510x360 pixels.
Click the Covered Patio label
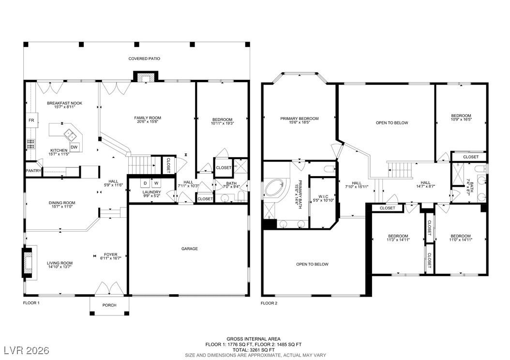point(144,59)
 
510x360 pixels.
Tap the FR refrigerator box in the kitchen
point(31,120)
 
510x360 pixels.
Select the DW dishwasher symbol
point(74,147)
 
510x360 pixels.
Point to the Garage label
point(189,249)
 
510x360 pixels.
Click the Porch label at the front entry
point(109,305)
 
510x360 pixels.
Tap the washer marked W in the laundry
point(156,183)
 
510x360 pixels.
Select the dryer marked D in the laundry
point(145,183)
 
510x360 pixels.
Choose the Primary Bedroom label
point(299,119)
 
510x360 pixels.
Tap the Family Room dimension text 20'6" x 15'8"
point(148,122)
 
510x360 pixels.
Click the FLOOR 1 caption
point(31,303)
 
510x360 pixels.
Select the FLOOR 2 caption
point(269,303)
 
